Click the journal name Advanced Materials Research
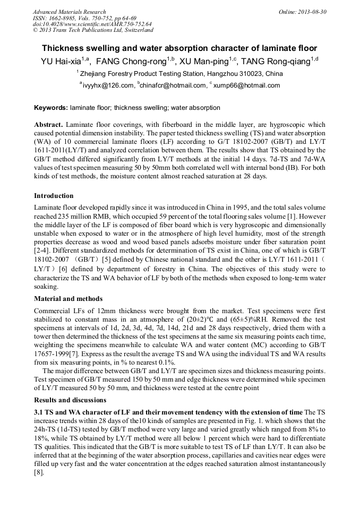click(x=69, y=12)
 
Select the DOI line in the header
click(x=92, y=24)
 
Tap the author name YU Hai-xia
click(x=59, y=62)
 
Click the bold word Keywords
click(x=51, y=108)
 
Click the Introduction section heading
click(x=54, y=196)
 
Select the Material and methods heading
click(x=68, y=299)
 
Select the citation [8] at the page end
click(x=39, y=472)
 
